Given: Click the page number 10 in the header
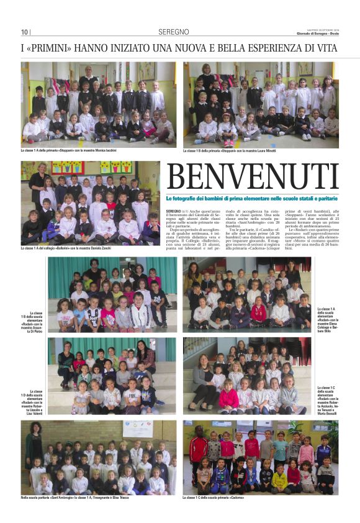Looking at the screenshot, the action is pyautogui.click(x=24, y=32).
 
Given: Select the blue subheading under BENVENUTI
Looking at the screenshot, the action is pyautogui.click(x=252, y=199).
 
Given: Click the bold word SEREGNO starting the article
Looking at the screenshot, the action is pyautogui.click(x=174, y=212).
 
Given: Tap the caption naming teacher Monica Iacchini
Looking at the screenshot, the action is pyautogui.click(x=77, y=150).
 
